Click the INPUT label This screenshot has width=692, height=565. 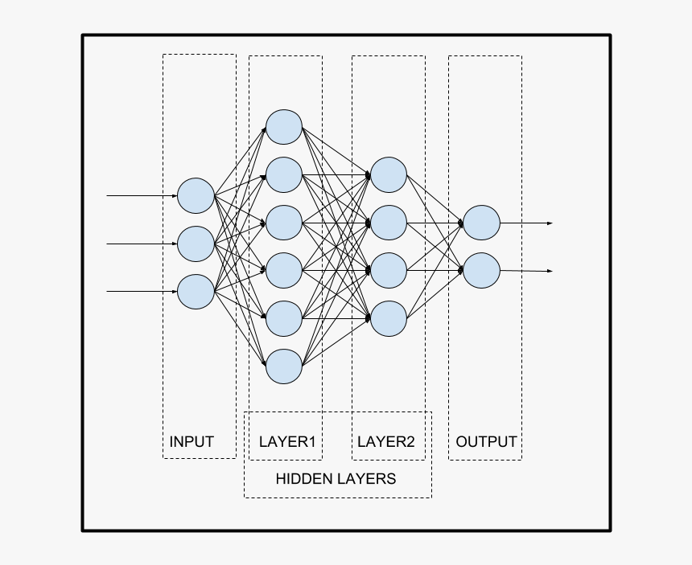[x=192, y=441]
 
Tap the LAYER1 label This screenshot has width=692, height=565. [x=287, y=441]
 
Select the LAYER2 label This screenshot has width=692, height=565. [x=386, y=441]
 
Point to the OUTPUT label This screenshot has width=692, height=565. [x=486, y=441]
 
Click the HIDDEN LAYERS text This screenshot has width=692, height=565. [x=336, y=479]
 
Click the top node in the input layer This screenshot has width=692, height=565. [x=196, y=195]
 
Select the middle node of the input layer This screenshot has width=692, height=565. [x=196, y=244]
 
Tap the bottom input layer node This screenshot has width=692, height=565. [x=196, y=291]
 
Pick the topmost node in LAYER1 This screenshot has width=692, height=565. [x=284, y=127]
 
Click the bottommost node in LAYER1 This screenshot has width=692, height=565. [x=284, y=366]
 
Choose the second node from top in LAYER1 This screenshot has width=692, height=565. [x=284, y=175]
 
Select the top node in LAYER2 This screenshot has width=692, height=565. [x=389, y=175]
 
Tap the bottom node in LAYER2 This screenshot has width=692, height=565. [x=389, y=318]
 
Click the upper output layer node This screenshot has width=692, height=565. [x=481, y=223]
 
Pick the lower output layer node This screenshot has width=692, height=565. [x=481, y=271]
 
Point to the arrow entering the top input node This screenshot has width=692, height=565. [x=142, y=195]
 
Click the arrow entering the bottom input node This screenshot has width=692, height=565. [x=142, y=291]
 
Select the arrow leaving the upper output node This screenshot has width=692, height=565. [x=526, y=223]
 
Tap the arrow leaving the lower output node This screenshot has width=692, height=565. [x=526, y=271]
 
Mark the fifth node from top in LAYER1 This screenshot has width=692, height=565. [x=284, y=318]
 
